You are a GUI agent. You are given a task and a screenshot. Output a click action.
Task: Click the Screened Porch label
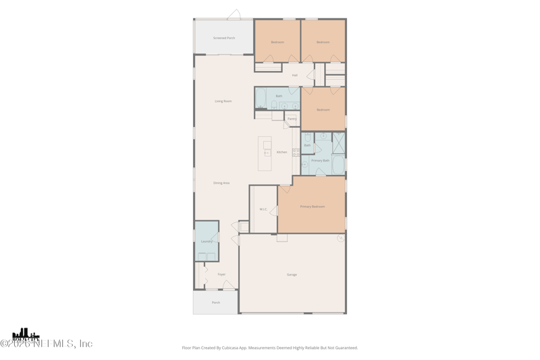224,38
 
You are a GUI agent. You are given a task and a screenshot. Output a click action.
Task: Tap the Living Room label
223,101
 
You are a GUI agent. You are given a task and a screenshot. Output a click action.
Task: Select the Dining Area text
221,183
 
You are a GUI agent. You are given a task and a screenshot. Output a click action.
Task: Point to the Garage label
292,275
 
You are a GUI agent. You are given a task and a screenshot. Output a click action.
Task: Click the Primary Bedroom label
312,207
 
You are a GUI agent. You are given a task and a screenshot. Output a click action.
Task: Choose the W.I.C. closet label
263,209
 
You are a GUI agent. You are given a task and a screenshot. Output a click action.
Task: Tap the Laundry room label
207,241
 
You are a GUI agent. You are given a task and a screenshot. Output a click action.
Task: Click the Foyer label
221,274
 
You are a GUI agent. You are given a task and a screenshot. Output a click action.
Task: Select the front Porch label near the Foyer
216,303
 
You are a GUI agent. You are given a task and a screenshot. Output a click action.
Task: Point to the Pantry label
292,119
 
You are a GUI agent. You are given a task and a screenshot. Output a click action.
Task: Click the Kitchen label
281,152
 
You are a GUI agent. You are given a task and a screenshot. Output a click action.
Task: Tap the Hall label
295,75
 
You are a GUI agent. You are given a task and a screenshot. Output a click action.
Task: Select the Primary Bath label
320,161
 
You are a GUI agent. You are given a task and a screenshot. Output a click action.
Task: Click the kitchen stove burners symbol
296,153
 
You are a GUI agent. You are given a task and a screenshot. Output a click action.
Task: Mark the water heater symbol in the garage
341,238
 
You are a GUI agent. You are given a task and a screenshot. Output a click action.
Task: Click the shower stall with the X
338,143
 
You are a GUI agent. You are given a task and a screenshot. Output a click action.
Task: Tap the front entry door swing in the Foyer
229,286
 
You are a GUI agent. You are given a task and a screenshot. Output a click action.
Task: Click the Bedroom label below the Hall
323,109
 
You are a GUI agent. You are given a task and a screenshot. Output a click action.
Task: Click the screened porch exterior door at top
234,15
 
